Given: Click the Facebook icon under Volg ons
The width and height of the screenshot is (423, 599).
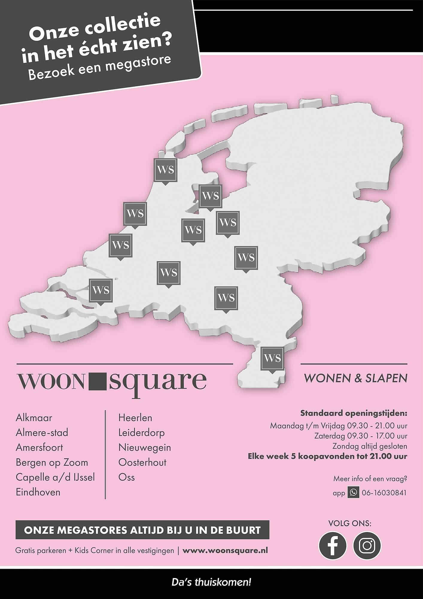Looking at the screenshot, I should coord(332,545).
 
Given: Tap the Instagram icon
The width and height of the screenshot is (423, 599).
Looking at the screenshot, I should coord(367,545).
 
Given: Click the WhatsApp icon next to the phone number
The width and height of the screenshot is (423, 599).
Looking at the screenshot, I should coord(353,492).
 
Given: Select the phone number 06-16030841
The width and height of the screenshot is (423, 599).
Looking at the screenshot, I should coord(384,493).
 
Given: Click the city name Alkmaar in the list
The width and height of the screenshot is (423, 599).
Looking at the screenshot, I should coord(34,418).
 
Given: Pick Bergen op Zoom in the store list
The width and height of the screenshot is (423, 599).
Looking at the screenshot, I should coord(52,462).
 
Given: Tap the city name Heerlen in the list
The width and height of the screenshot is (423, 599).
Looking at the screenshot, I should coord(135,418).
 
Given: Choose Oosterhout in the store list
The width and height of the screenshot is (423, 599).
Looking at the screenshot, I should coord(142,462).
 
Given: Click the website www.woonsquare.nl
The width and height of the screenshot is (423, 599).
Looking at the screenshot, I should coord(225,550).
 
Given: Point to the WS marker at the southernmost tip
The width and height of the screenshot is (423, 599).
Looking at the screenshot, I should coord(272,358).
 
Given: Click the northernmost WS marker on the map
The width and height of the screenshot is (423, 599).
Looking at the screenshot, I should coord(165,170).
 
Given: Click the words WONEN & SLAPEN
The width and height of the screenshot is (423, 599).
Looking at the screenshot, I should coord(355,378).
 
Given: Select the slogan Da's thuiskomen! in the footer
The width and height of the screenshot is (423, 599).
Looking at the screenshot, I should coord(211,583).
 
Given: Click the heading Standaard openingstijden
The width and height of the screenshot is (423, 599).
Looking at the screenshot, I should coord(354,414).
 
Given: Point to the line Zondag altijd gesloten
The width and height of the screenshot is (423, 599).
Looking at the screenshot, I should coord(369,446).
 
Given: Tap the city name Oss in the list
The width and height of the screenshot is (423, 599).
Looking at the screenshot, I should coord(127,477).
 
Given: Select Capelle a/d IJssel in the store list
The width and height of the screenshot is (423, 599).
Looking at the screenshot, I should coord(55,477).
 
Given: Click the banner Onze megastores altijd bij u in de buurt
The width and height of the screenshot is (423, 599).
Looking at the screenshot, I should coord(142,530).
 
